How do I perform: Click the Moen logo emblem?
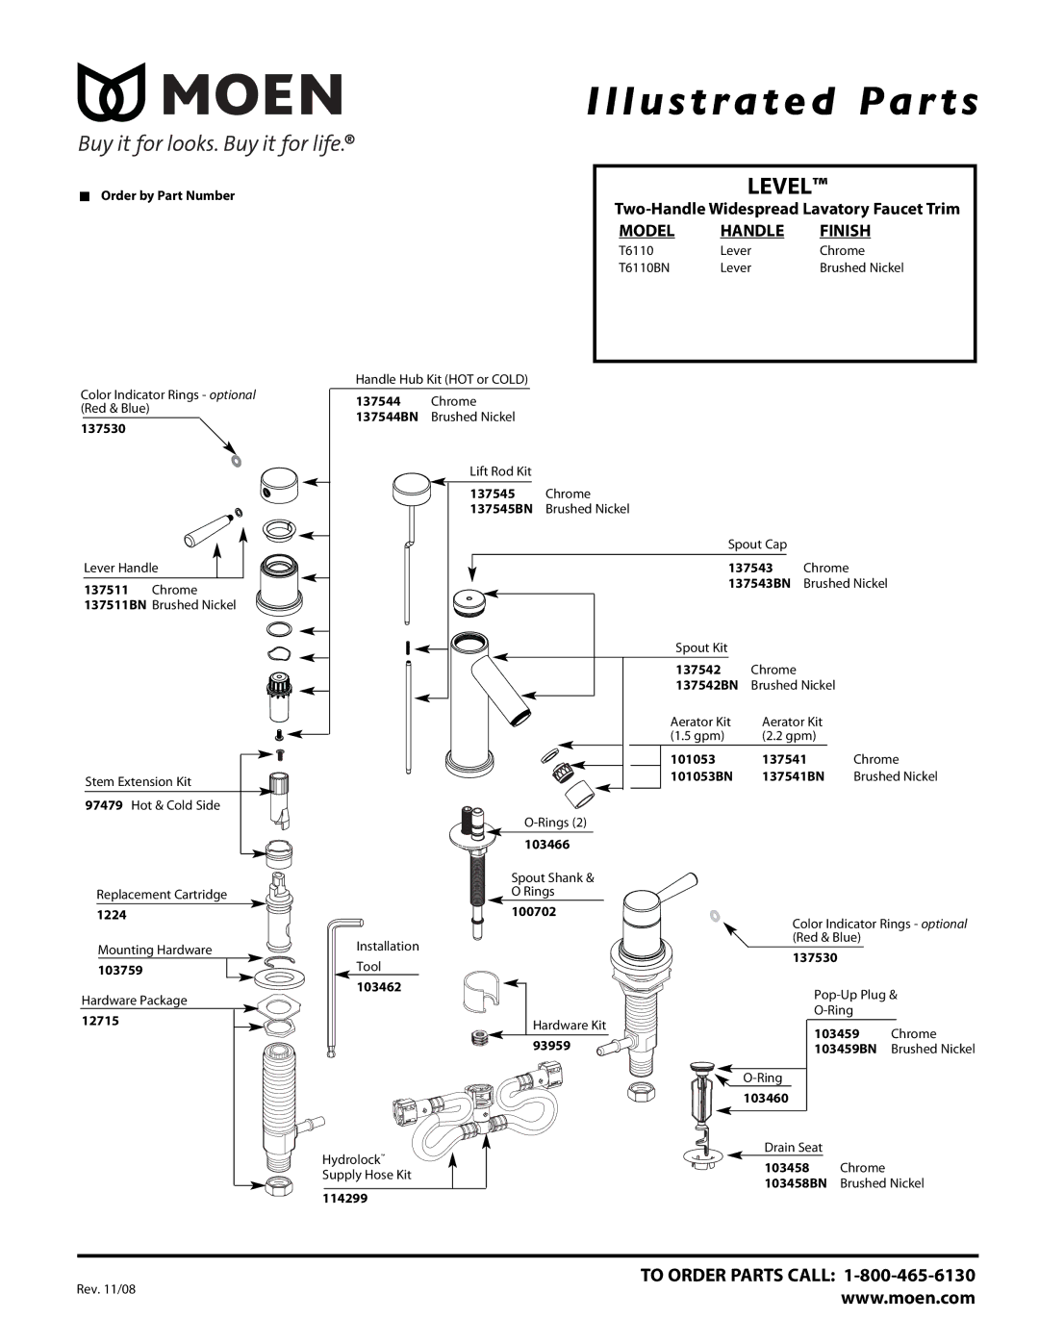pyautogui.click(x=112, y=91)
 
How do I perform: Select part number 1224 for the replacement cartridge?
pyautogui.click(x=112, y=915)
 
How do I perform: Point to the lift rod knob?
pyautogui.click(x=411, y=489)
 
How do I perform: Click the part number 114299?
pyautogui.click(x=344, y=1198)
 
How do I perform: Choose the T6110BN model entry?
pyautogui.click(x=644, y=267)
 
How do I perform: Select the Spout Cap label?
pyautogui.click(x=757, y=545)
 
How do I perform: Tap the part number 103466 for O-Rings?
pyautogui.click(x=547, y=845)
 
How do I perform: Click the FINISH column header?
pyautogui.click(x=845, y=231)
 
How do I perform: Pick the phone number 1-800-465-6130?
pyautogui.click(x=909, y=1275)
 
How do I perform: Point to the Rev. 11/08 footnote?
pyautogui.click(x=106, y=1289)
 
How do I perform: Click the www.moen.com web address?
pyautogui.click(x=908, y=1297)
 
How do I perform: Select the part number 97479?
pyautogui.click(x=104, y=805)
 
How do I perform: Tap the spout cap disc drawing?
pyautogui.click(x=469, y=602)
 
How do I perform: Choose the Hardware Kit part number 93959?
pyautogui.click(x=551, y=1045)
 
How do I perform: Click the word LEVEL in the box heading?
pyautogui.click(x=779, y=187)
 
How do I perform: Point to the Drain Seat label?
pyautogui.click(x=793, y=1148)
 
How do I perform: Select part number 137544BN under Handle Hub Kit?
pyautogui.click(x=387, y=417)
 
